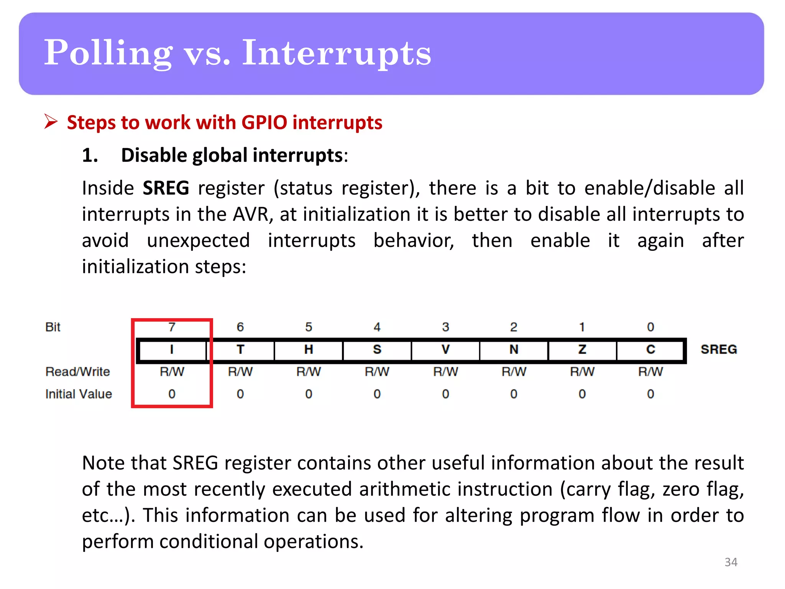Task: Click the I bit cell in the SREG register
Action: (172, 350)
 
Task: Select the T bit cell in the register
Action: (240, 350)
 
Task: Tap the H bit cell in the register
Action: (309, 350)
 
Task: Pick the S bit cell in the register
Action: (377, 350)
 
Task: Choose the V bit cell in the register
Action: (445, 350)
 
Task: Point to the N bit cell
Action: (514, 350)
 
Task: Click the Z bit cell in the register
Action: (582, 350)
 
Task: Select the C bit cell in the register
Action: (650, 350)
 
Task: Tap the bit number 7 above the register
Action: (172, 327)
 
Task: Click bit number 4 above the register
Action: (377, 327)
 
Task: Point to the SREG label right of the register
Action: (719, 349)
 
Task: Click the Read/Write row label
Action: (78, 372)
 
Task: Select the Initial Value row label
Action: (79, 394)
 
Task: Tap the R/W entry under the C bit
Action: (650, 372)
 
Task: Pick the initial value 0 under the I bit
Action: (172, 394)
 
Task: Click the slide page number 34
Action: (731, 562)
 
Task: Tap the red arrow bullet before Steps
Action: (51, 122)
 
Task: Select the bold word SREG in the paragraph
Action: (166, 188)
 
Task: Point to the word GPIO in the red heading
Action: (264, 123)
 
